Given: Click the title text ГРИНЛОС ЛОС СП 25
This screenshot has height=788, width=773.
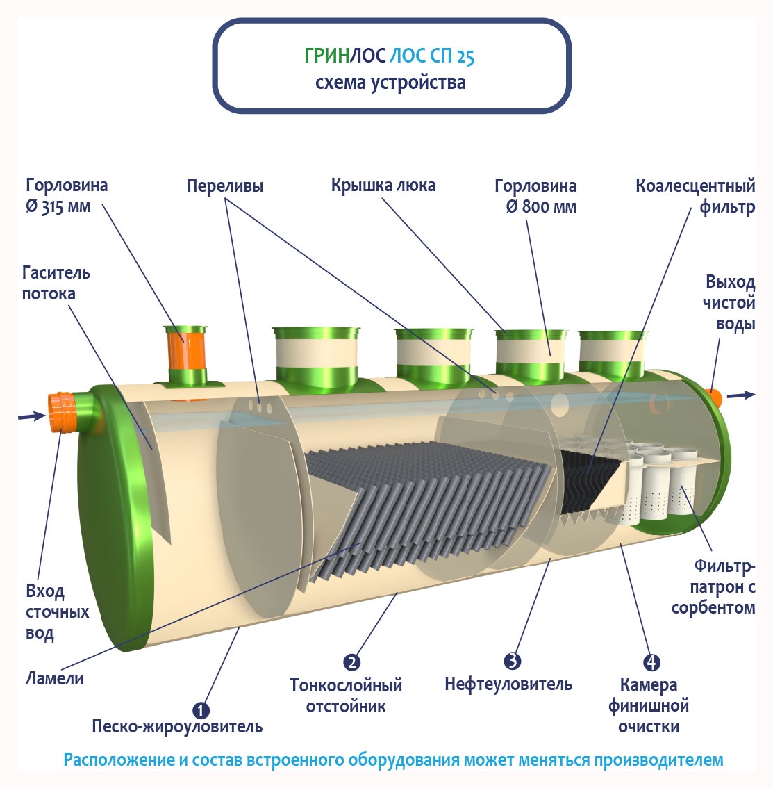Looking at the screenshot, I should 389,56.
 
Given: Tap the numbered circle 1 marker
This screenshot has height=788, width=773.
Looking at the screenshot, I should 201,710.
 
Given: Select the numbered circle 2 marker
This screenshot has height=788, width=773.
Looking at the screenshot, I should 352,662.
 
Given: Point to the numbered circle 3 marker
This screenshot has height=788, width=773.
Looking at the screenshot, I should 513,661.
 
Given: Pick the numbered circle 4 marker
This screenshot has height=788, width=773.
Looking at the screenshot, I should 651,663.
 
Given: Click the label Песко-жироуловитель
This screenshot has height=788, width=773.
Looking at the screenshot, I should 177,727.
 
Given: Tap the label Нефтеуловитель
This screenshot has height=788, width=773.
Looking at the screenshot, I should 508,684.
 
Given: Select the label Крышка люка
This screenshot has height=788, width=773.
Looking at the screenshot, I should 383,186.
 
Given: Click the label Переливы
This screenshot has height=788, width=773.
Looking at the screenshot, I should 225,186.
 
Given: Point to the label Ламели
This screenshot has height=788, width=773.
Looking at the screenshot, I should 54,678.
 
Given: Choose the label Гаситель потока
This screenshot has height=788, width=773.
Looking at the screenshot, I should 56,283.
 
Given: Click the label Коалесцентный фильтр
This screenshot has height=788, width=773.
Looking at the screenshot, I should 695,197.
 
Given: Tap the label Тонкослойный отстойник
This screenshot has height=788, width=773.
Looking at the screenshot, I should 346,696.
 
